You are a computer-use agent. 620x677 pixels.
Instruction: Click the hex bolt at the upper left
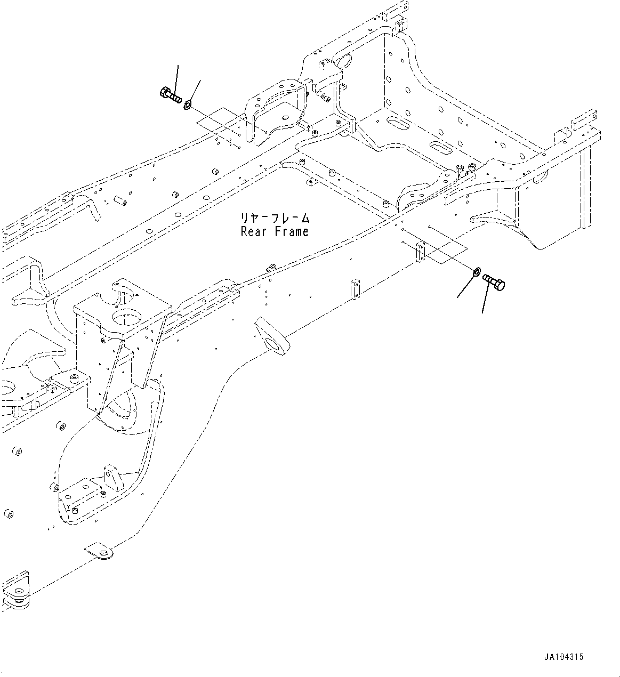click(170, 96)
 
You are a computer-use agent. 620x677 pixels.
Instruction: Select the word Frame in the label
click(292, 232)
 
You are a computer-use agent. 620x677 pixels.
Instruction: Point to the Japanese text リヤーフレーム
click(275, 219)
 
